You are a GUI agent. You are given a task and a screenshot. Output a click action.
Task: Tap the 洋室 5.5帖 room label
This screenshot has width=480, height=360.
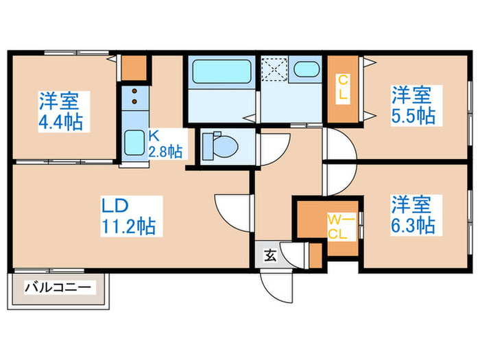point(413,104)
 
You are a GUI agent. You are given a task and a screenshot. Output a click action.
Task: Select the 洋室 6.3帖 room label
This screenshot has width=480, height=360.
point(412,215)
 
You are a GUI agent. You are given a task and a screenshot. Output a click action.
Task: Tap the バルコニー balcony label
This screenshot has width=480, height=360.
point(58,287)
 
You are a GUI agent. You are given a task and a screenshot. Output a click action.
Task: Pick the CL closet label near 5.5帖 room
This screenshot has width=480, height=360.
point(342,88)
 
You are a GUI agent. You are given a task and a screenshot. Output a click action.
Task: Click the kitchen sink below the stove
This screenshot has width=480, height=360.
point(134,143)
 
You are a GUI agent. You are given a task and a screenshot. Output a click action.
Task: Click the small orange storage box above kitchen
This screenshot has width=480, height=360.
point(136,67)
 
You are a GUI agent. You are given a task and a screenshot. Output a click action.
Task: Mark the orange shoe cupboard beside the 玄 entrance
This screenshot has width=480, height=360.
point(315,255)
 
